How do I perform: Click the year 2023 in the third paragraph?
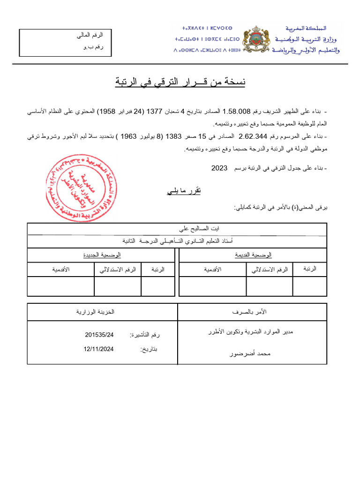pyautogui.click(x=219, y=167)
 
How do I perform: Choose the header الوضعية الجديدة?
pyautogui.click(x=102, y=255)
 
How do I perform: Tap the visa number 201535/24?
pyautogui.click(x=100, y=335)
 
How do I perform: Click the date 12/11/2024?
pyautogui.click(x=99, y=349)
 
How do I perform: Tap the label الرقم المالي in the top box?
pyautogui.click(x=90, y=36)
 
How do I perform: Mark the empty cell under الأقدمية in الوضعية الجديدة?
pyautogui.click(x=60, y=286)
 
